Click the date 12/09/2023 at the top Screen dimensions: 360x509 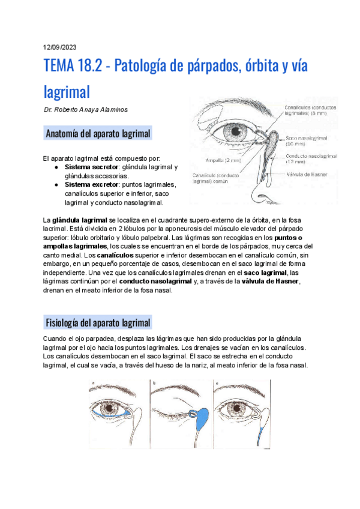[60, 47]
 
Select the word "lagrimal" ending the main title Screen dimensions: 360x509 [67, 91]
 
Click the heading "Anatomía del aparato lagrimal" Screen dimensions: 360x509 [98, 133]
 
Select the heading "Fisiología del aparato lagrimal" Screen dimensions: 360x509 [98, 323]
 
